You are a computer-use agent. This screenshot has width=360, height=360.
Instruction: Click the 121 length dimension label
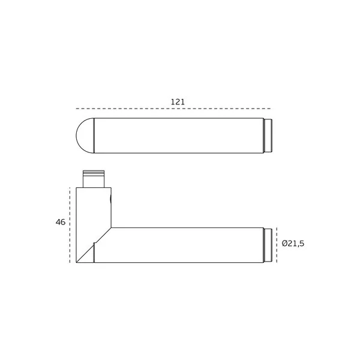tap(178, 102)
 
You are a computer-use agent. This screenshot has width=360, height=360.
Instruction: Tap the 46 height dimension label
tap(61, 222)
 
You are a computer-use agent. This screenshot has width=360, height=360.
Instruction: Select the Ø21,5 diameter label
tap(293, 244)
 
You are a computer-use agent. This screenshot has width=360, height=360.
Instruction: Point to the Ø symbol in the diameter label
tap(285, 244)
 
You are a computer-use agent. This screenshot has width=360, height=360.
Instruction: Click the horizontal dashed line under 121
tap(173, 109)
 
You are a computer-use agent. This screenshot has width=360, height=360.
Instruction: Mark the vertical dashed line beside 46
tap(70, 225)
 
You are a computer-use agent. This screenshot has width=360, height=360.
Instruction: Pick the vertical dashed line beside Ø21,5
tap(277, 245)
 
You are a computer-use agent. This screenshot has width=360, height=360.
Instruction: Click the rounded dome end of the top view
tap(85, 136)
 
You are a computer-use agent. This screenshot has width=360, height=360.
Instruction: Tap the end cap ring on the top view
tap(268, 136)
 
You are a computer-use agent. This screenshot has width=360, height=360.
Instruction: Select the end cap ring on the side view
tap(268, 245)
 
